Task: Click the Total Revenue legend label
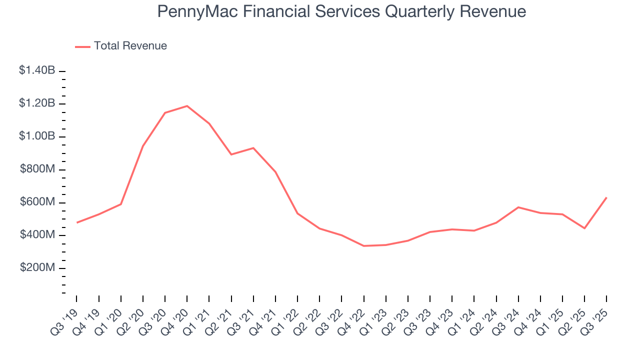click(130, 46)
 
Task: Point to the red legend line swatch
click(82, 46)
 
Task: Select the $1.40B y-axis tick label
click(37, 70)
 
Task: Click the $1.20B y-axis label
click(37, 103)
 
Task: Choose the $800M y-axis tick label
click(37, 169)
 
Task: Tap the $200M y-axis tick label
click(37, 267)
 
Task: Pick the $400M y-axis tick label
click(37, 234)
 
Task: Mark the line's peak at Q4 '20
click(187, 106)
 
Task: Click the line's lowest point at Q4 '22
click(363, 246)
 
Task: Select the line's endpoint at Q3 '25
click(606, 197)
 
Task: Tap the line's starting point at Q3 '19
click(76, 222)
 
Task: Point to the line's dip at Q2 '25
click(584, 228)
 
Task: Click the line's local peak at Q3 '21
click(253, 148)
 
